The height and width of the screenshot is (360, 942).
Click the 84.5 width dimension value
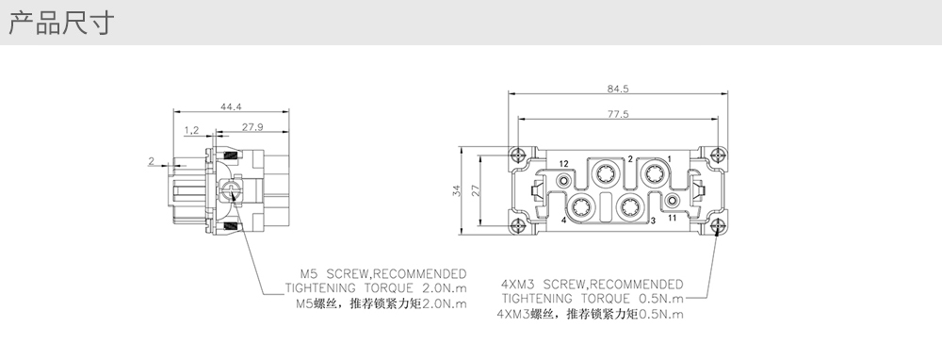point(618,89)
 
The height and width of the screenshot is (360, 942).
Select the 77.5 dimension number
point(618,114)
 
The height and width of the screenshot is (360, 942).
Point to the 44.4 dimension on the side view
point(231,107)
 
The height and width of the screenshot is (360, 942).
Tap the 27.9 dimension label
point(252,127)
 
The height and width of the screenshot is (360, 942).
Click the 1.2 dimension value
point(191,130)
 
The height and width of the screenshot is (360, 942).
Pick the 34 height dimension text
point(457,190)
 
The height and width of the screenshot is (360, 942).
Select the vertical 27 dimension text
point(476,190)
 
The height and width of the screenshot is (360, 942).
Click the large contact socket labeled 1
point(653,174)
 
